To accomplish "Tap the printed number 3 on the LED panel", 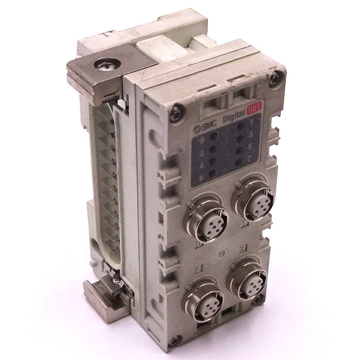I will (251, 134).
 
